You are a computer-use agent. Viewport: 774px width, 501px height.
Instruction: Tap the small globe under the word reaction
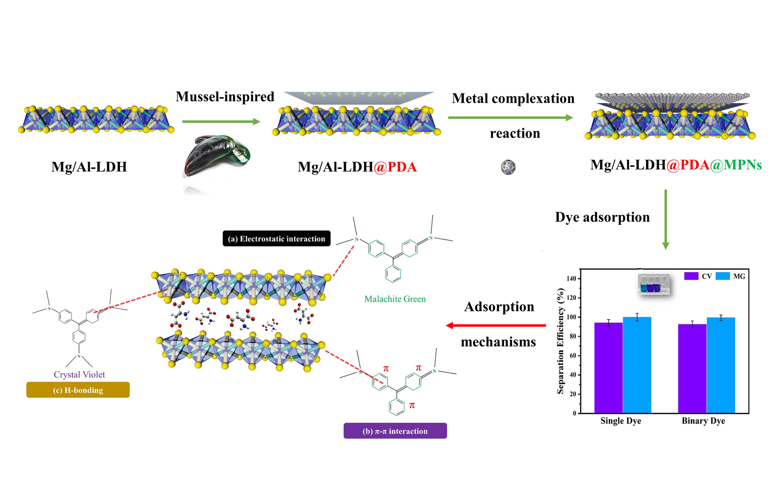[x=508, y=167]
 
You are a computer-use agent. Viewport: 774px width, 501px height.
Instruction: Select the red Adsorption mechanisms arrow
[x=496, y=325]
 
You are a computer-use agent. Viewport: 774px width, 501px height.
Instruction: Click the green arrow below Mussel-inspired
[x=221, y=122]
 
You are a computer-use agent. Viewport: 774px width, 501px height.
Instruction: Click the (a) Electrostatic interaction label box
[x=276, y=239]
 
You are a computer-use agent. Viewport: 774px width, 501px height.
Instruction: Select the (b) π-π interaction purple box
[x=395, y=431]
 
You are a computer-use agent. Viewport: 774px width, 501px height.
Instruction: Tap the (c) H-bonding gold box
[x=78, y=390]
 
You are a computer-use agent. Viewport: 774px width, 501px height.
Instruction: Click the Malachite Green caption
[x=395, y=299]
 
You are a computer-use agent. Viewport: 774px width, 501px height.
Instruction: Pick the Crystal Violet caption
[x=79, y=375]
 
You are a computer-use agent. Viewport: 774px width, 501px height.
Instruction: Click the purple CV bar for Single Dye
[x=608, y=368]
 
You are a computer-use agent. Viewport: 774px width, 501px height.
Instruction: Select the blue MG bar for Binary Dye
[x=721, y=365]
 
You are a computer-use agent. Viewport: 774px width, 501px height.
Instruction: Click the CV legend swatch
[x=691, y=276]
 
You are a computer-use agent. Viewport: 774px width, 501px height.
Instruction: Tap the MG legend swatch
[x=722, y=276]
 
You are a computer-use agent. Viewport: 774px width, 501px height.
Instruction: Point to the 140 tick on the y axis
[x=571, y=278]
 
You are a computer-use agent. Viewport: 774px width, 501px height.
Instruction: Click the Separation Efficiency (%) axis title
[x=560, y=341]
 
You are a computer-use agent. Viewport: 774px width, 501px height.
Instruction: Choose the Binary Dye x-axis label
[x=703, y=421]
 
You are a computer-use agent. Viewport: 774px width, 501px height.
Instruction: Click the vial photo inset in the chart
[x=653, y=285]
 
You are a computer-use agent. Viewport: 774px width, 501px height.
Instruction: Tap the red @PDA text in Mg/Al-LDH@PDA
[x=395, y=167]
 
